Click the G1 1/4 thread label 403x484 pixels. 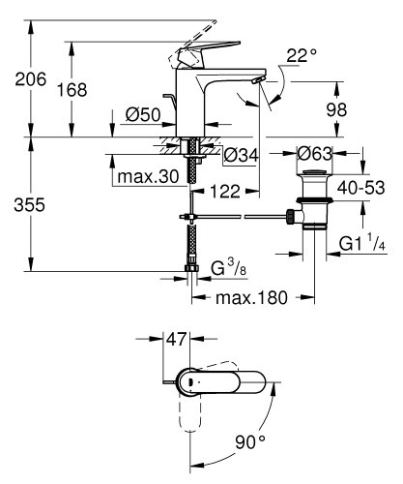click(362, 246)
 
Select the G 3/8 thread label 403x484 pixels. click(222, 263)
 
